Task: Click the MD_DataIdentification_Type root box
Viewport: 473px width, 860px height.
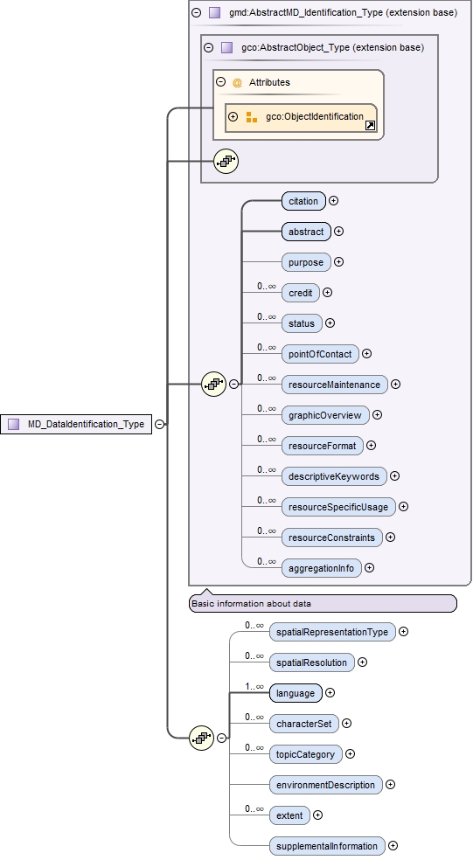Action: click(x=76, y=424)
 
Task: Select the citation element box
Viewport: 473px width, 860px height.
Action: click(x=303, y=201)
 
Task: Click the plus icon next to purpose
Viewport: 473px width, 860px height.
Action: click(x=339, y=262)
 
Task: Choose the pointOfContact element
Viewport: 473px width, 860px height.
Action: click(x=320, y=354)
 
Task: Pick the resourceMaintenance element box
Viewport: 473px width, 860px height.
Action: click(x=334, y=385)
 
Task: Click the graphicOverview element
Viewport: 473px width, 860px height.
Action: click(x=324, y=415)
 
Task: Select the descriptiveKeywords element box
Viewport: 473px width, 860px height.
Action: click(x=334, y=476)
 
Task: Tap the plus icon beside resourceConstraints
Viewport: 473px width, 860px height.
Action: click(x=390, y=537)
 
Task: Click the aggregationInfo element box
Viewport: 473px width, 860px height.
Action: click(x=321, y=568)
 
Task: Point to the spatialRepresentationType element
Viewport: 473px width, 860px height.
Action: click(x=331, y=632)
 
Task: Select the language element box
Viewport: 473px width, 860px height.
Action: click(x=296, y=693)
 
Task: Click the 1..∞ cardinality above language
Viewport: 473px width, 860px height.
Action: click(x=254, y=687)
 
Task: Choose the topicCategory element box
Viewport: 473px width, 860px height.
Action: click(x=305, y=754)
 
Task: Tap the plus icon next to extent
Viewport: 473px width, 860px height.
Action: click(x=317, y=815)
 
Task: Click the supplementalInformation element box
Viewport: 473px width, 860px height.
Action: click(x=328, y=846)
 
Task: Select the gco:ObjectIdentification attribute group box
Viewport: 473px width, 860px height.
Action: click(x=301, y=117)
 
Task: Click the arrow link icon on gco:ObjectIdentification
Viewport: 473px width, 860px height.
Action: click(x=370, y=126)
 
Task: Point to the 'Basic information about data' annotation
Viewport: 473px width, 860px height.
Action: click(x=322, y=603)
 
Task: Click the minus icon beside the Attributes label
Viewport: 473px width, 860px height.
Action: click(x=221, y=82)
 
